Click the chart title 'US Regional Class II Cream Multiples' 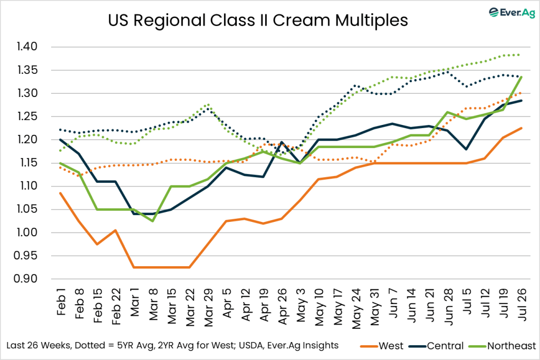(258, 21)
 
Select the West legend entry (390, 346)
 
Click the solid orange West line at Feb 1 (61, 193)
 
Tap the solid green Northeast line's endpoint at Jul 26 (521, 77)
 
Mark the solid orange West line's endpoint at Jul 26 (521, 128)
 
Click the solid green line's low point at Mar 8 (153, 221)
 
